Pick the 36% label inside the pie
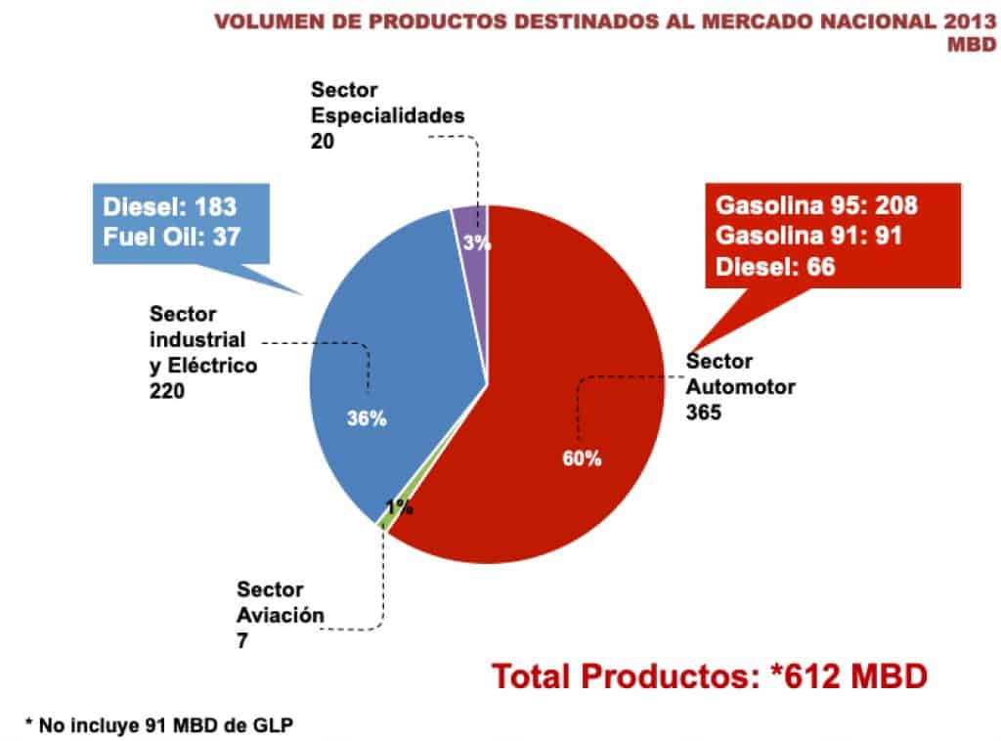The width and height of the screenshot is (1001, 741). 368,418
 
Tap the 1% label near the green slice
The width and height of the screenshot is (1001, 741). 398,507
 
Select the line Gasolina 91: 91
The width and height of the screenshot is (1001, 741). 807,236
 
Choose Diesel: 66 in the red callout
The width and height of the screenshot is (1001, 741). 775,265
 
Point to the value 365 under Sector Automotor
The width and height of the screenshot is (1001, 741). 703,412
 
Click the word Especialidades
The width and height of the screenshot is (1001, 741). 387,115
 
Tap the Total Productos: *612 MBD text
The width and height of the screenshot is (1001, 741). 708,676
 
